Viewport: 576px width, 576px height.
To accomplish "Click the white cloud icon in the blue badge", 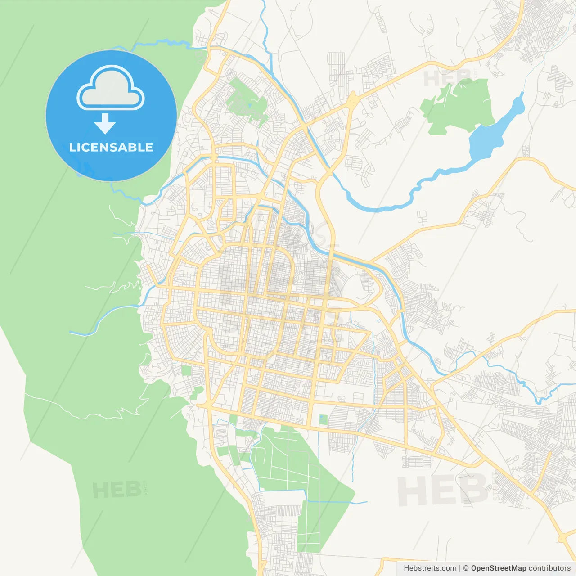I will (111, 89).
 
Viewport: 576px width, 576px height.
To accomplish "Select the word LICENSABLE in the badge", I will (111, 147).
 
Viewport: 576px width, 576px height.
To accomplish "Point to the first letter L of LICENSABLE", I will (72, 147).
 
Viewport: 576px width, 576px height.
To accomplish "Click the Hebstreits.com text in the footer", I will (430, 568).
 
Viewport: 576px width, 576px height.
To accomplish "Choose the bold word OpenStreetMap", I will (498, 568).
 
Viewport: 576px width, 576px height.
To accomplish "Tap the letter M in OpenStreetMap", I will (514, 568).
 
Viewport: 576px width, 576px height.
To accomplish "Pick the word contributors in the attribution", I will (549, 568).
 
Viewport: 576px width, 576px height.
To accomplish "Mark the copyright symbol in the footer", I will (466, 568).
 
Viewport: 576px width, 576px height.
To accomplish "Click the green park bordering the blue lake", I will (457, 106).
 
